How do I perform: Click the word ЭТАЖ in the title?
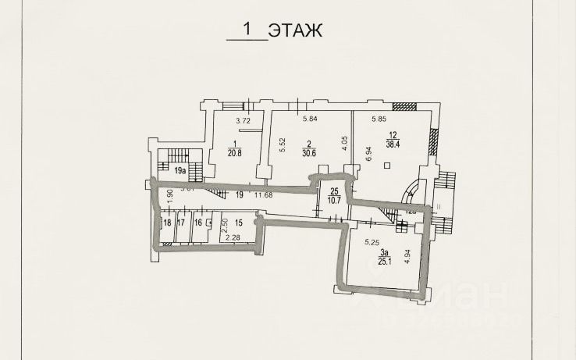(294, 30)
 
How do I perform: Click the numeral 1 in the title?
(248, 30)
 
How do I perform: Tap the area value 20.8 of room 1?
(234, 153)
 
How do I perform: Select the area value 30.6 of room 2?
(310, 153)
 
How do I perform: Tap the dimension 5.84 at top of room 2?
(310, 119)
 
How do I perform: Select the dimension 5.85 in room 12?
(380, 119)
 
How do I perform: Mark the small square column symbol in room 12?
(387, 166)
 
